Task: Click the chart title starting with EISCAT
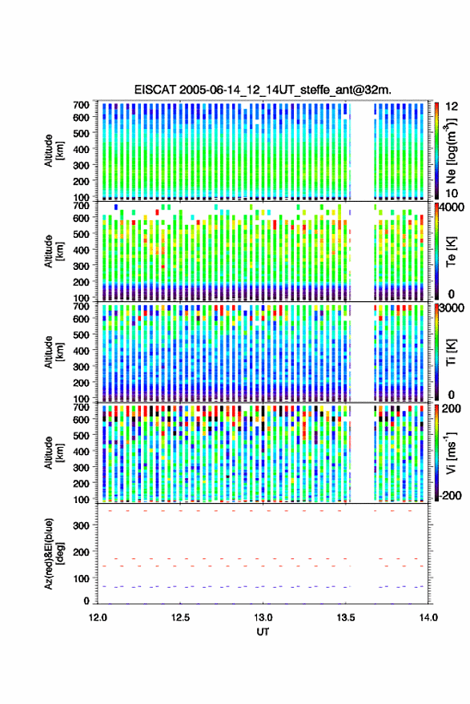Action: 263,90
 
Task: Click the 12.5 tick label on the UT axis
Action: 180,618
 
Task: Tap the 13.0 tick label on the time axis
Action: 263,618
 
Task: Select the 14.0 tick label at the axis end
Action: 428,618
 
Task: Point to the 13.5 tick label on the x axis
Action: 345,618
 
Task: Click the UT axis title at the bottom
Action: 263,632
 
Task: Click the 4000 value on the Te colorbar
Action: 452,208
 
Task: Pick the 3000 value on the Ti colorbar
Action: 452,308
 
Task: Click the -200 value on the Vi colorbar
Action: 450,496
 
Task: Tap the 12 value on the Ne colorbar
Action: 452,107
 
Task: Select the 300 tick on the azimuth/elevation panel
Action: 81,525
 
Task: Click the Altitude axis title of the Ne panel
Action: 53,151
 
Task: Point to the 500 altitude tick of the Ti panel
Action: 81,335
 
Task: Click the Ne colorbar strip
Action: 436,151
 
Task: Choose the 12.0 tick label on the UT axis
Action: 98,618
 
